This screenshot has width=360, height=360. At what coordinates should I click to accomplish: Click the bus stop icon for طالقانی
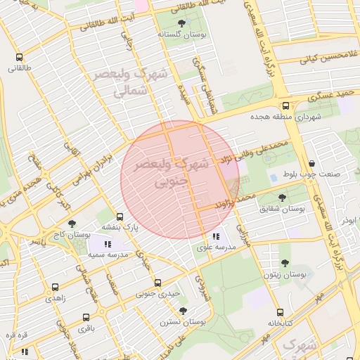19,58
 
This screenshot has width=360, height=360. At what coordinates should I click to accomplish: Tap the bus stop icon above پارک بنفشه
120,217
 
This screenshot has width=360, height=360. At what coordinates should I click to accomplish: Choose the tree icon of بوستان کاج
72,224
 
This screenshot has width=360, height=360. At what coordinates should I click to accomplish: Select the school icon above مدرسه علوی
217,236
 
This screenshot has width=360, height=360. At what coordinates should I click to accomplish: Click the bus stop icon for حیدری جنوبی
157,282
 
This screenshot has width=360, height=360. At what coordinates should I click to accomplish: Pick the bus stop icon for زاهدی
55,288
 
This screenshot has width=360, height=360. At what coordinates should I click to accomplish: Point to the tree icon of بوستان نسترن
183,310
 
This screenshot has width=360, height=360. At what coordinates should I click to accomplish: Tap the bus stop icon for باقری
86,317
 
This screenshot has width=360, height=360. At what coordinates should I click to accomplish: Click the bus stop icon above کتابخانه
280,311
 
